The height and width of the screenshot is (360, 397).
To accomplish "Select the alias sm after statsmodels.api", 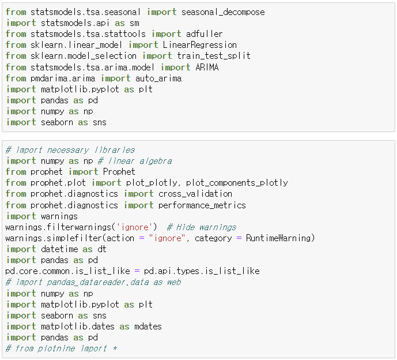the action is (x=134, y=22).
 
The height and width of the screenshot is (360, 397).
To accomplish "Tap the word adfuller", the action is (x=204, y=33).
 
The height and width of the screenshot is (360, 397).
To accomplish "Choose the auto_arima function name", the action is (x=158, y=78).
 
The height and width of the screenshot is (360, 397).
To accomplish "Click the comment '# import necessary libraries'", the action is (x=70, y=150).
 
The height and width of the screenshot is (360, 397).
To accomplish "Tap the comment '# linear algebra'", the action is (x=136, y=161).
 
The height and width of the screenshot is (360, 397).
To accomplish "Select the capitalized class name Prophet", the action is (x=119, y=171).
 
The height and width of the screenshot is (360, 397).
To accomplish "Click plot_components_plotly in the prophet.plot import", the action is (x=236, y=182).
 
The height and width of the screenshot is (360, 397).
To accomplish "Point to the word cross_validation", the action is (x=195, y=194).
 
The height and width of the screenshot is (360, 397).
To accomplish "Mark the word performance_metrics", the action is (x=202, y=205).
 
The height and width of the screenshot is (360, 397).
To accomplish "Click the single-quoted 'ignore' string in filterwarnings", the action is (x=137, y=227).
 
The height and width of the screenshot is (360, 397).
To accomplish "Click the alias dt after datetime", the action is (x=101, y=249).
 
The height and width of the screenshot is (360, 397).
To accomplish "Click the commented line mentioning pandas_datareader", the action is (x=93, y=282).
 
